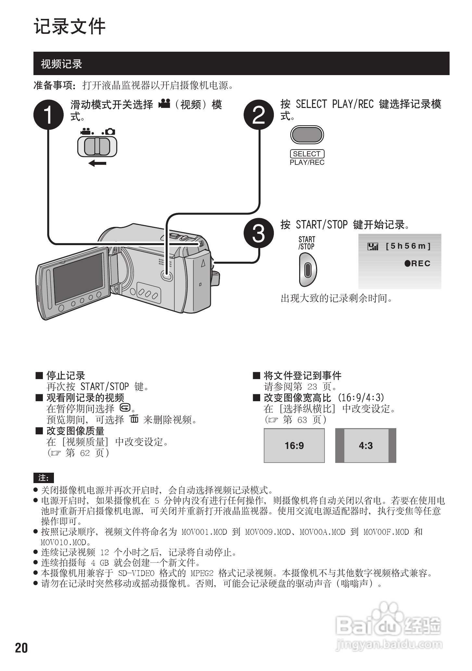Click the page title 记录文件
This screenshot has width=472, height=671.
tap(70, 27)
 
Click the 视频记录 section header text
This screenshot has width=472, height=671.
tap(61, 64)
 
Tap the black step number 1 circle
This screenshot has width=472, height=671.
tap(48, 115)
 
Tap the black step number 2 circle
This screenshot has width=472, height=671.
tap(259, 115)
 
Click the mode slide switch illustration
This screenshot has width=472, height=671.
tap(97, 146)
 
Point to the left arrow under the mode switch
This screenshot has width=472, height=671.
tap(97, 163)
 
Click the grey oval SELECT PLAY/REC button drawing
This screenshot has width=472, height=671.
tap(307, 135)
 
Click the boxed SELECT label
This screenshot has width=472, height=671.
tap(307, 154)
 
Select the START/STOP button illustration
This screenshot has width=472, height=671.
tap(307, 270)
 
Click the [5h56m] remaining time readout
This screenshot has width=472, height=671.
tap(408, 246)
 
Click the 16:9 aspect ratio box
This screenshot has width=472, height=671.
tap(294, 445)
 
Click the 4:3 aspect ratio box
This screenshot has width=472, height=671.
tap(366, 445)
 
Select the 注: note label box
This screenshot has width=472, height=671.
tap(44, 478)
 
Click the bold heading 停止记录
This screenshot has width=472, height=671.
tap(66, 376)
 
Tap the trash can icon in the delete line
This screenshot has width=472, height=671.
tap(134, 419)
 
